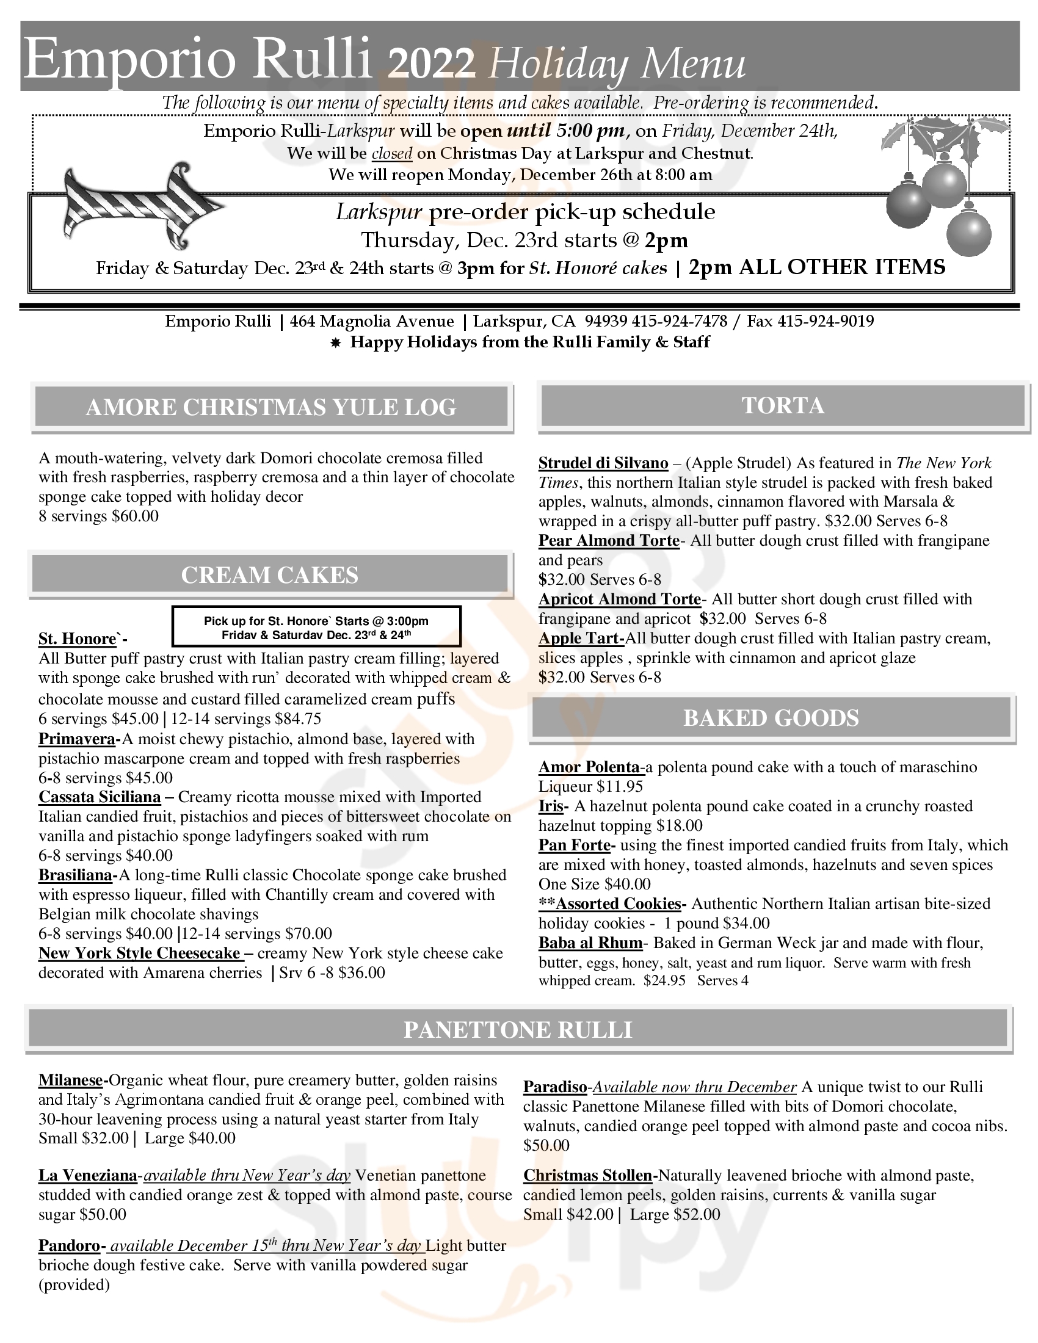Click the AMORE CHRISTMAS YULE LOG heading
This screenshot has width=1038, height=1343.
(x=270, y=407)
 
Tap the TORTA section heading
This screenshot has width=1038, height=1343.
(x=782, y=405)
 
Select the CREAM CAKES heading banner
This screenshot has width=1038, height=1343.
(x=269, y=575)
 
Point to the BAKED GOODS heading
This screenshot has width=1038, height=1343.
(x=771, y=718)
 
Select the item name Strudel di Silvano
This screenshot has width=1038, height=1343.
(x=603, y=463)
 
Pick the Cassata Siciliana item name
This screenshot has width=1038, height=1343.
(x=99, y=797)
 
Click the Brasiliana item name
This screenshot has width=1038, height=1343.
(x=76, y=875)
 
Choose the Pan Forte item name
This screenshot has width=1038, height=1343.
(x=575, y=845)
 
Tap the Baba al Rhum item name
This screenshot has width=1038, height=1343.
(x=590, y=943)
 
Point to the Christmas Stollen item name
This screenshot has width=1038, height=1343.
(x=587, y=1176)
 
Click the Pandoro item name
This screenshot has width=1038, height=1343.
(x=69, y=1246)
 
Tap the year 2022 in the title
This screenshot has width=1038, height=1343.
(x=432, y=64)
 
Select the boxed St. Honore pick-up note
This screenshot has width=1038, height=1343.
(x=316, y=626)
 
